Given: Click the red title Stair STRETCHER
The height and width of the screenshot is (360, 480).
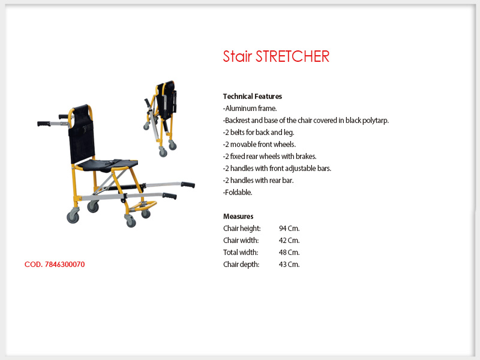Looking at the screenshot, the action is coord(276,56).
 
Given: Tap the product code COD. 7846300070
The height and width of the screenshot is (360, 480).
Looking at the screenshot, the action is coord(55,265).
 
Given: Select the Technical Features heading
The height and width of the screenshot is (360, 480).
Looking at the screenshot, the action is coord(252,97).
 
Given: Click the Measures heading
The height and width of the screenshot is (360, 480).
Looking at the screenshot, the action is coord(238,217).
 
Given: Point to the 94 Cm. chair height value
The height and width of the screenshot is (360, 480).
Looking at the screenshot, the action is coord(289,229).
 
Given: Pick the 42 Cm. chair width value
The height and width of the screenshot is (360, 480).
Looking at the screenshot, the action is coord(289,241).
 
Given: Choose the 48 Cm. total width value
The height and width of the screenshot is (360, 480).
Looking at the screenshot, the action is coord(289,252).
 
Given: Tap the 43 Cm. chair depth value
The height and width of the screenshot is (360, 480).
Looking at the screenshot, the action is coord(289,264).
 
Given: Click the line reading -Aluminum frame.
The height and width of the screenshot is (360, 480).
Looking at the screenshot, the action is coord(250,109).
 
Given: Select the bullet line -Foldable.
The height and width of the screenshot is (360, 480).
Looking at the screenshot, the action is coord(238,192).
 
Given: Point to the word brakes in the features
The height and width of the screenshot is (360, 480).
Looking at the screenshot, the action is coord(306,157).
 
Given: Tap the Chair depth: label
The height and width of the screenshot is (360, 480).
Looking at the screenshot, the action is coord(241,265).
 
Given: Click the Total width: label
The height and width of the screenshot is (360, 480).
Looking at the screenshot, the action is coord(241,252).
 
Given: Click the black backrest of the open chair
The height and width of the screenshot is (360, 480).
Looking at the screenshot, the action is coord(81,134).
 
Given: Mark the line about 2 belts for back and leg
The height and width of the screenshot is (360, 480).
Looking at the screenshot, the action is coord(259,133).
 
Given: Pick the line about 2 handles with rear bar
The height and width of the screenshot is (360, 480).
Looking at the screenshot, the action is coord(258,181).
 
